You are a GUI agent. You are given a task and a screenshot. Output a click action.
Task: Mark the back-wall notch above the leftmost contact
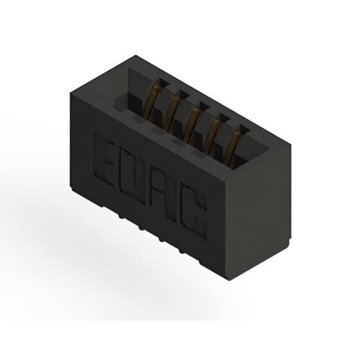coord(162,83)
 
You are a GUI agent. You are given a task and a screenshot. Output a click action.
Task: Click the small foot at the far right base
coord(289,242)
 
